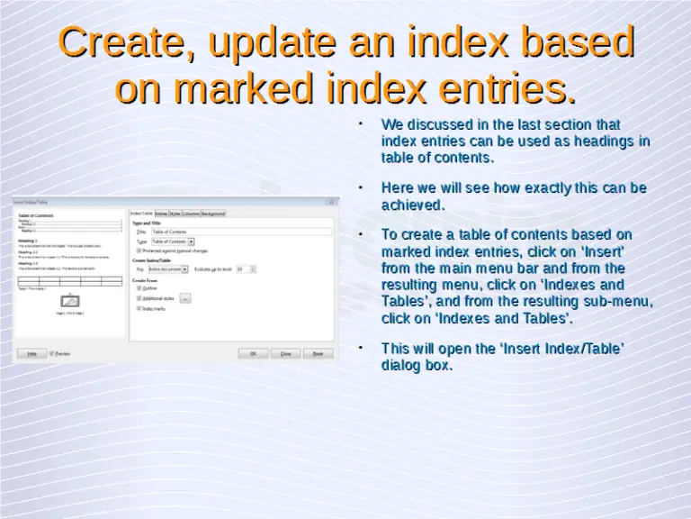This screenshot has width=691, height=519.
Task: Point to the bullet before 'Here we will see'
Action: (359, 188)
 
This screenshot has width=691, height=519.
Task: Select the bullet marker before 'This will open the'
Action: (359, 348)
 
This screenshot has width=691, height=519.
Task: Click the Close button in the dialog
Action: (285, 354)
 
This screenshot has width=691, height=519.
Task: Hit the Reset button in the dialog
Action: (317, 354)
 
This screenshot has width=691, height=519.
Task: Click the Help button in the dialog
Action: (31, 354)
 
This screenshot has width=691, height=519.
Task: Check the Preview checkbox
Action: (52, 354)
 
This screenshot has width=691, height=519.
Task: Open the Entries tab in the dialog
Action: (161, 214)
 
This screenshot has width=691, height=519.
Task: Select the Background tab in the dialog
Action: (213, 214)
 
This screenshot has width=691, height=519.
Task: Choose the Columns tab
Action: (190, 214)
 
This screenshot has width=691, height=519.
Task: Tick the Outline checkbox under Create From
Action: (139, 288)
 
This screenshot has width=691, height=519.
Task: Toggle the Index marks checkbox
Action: (139, 308)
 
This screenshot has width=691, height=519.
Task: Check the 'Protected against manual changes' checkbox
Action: (139, 250)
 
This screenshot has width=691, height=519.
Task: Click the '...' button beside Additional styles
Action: (185, 298)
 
